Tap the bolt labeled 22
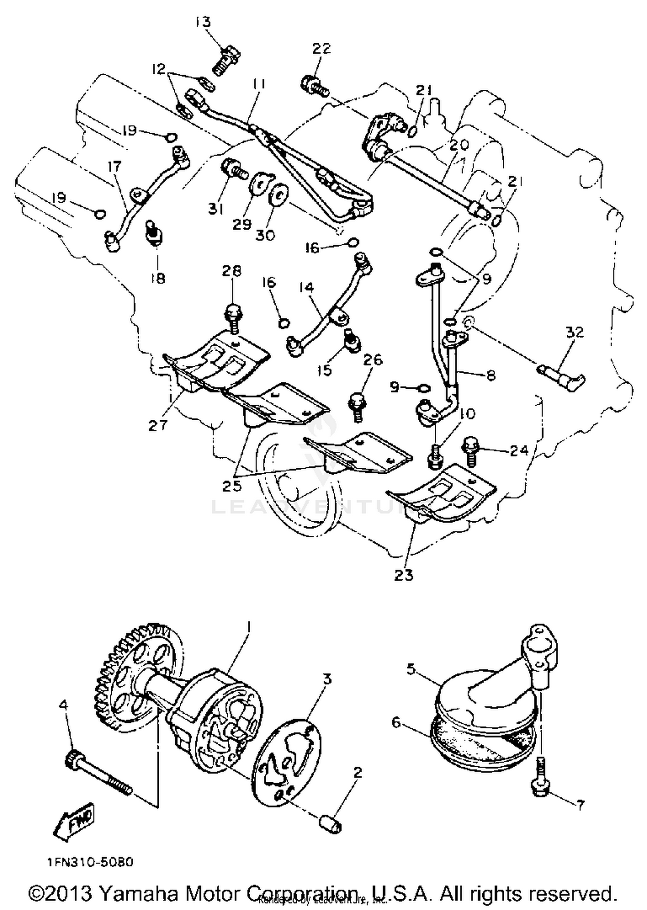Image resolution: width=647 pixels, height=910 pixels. click(x=315, y=85)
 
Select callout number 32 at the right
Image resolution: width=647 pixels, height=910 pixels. click(x=575, y=332)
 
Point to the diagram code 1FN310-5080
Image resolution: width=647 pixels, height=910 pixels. click(x=91, y=862)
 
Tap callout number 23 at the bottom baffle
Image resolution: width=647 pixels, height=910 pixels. click(x=403, y=575)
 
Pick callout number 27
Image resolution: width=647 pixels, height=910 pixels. click(x=158, y=426)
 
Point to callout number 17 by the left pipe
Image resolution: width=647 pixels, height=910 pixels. click(x=115, y=166)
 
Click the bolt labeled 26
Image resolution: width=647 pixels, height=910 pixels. click(x=358, y=406)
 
